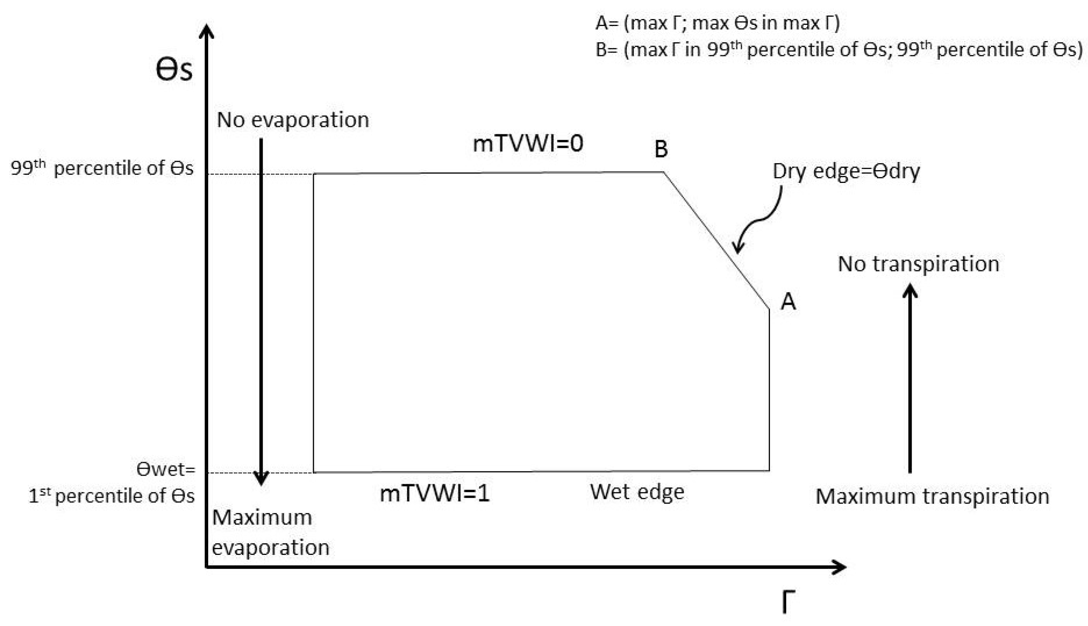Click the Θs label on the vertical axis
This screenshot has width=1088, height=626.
click(x=174, y=70)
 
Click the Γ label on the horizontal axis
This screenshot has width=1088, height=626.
click(x=788, y=602)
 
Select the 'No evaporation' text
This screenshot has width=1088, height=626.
click(x=293, y=120)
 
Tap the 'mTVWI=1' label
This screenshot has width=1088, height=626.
click(x=434, y=494)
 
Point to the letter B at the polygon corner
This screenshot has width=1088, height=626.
click(x=661, y=149)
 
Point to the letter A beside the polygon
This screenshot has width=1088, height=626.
click(x=788, y=301)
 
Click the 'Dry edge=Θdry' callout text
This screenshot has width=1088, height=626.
click(x=846, y=171)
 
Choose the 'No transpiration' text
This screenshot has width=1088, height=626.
click(x=918, y=264)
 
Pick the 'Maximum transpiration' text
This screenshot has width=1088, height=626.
click(x=932, y=497)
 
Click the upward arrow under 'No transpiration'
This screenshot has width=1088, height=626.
click(x=910, y=378)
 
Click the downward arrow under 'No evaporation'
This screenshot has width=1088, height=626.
click(x=261, y=310)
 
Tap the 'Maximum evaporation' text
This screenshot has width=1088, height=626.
click(x=270, y=532)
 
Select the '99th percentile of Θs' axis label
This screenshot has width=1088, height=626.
click(x=102, y=168)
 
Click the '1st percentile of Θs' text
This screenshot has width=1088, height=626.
click(x=111, y=496)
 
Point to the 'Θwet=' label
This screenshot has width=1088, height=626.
click(x=165, y=469)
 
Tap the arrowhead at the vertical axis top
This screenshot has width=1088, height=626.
click(x=207, y=32)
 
